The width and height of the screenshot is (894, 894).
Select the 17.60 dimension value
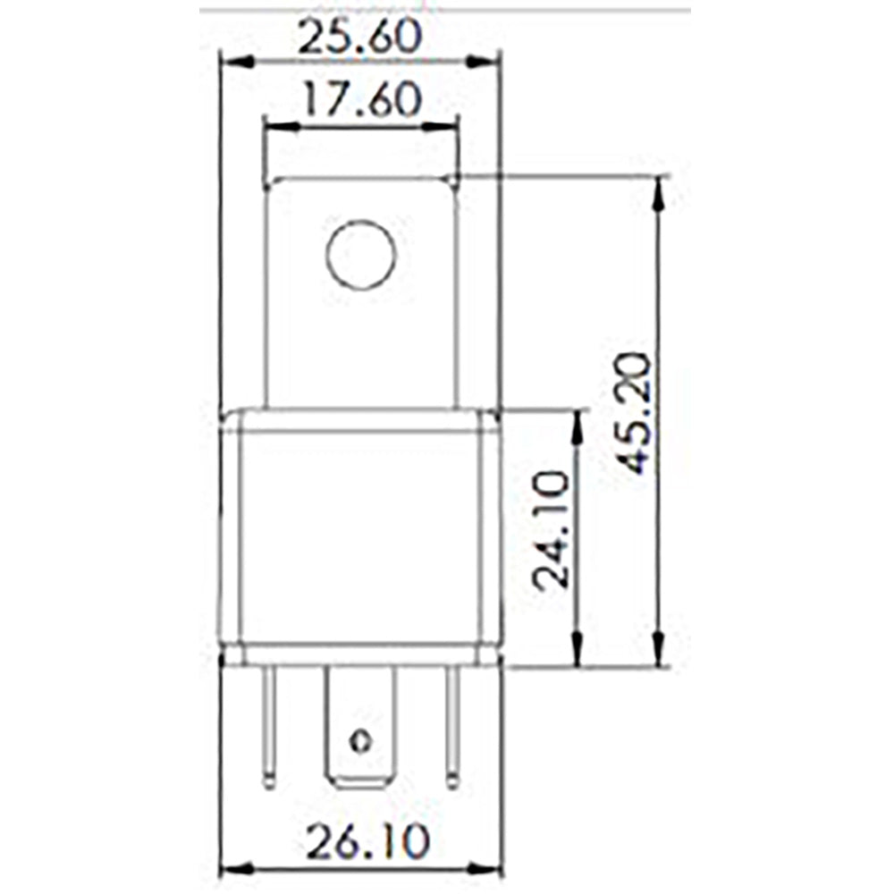coord(361,100)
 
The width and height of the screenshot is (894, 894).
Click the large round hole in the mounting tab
coord(360,255)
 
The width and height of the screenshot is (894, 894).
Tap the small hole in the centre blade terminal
coord(360,741)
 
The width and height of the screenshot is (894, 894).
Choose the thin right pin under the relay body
coord(452,729)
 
